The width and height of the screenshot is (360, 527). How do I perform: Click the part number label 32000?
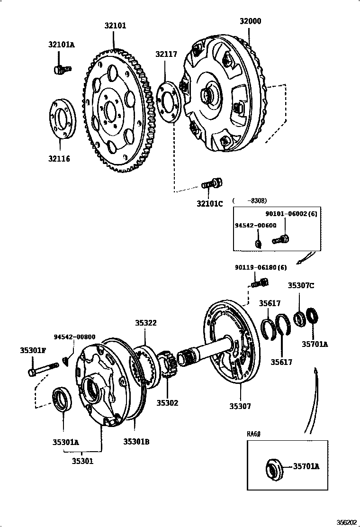[x=250, y=21]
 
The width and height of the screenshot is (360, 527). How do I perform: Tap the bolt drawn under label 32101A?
[x=61, y=70]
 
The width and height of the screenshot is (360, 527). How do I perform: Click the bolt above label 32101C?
[x=213, y=183]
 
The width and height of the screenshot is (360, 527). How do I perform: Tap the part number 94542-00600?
[x=256, y=226]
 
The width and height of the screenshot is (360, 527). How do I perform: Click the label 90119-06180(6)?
[x=261, y=267]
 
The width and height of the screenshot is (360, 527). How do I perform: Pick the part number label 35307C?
[x=301, y=285]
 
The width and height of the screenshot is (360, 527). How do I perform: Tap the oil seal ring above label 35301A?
[x=62, y=399]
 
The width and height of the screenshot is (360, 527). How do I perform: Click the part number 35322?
[x=145, y=323]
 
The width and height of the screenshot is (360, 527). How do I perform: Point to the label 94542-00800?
[x=74, y=337]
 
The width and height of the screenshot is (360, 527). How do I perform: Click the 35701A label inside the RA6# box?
[x=306, y=466]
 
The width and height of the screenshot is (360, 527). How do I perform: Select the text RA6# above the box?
[x=254, y=434]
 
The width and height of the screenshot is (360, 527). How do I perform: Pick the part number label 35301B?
[x=136, y=441]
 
